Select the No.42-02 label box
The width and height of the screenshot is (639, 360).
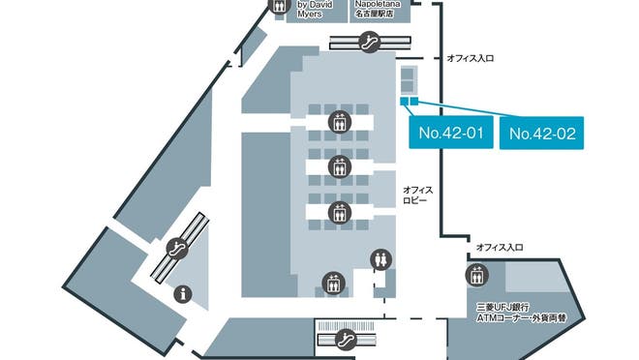click(x=542, y=133)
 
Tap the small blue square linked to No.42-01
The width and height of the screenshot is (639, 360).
click(x=403, y=101)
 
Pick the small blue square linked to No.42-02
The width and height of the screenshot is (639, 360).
click(x=414, y=101)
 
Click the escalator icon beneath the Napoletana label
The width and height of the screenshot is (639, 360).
click(x=369, y=42)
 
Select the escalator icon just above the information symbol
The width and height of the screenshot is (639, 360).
click(x=176, y=248)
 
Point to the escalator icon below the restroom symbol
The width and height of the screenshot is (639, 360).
click(x=345, y=339)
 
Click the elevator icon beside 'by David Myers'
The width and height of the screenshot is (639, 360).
click(x=278, y=6)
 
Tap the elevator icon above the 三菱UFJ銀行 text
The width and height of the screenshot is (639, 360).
click(x=476, y=274)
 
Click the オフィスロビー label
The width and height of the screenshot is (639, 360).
click(x=417, y=196)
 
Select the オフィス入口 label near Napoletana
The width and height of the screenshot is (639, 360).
click(x=471, y=58)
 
